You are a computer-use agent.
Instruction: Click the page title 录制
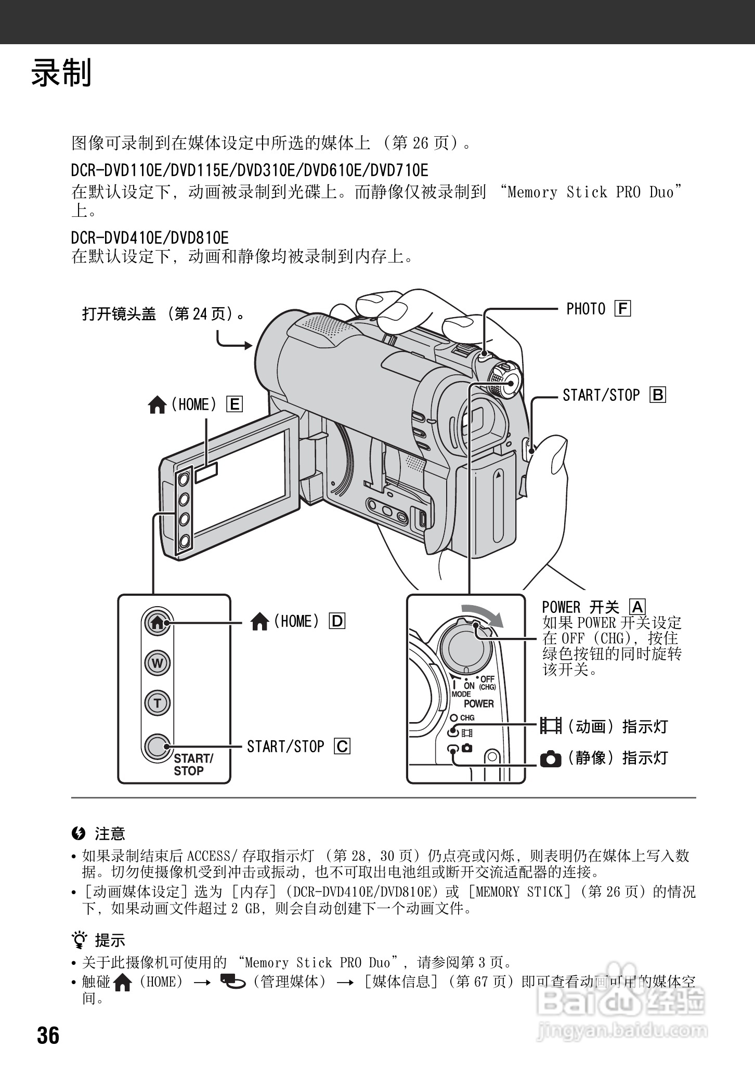coord(61,73)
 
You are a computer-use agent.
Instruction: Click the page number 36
coord(48,1036)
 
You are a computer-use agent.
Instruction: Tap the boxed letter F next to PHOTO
coord(622,309)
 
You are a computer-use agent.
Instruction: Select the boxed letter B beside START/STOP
coord(657,395)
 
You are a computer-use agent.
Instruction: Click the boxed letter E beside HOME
coord(235,404)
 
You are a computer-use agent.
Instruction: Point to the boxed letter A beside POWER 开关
coord(637,607)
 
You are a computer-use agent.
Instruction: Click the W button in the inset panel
coord(157,663)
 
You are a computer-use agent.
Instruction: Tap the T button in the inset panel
coord(157,703)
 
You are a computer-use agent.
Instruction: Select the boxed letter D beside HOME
coord(337,621)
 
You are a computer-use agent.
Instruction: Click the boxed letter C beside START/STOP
coord(342,747)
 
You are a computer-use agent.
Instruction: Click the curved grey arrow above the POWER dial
coord(484,614)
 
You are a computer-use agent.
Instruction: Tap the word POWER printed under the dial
coord(478,703)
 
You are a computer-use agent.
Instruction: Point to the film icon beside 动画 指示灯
coord(551,726)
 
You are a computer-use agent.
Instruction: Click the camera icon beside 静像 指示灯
coord(551,759)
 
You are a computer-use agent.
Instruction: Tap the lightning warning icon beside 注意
coord(78,834)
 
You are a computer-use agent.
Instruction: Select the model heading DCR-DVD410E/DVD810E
coord(150,238)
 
